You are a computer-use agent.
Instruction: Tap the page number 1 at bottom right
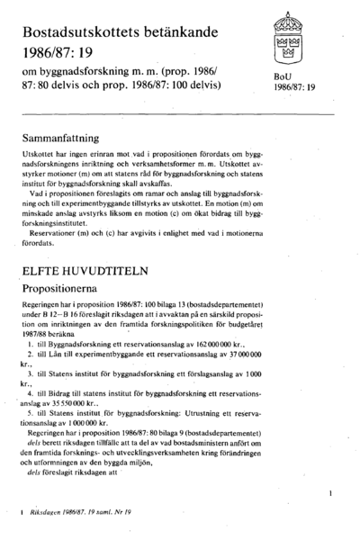click(332, 494)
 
